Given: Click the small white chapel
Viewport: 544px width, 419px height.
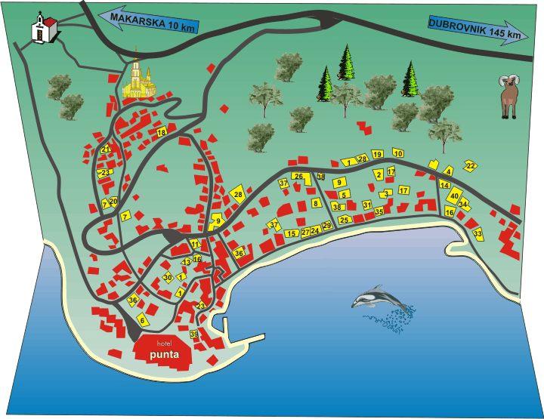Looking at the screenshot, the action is click(42, 29).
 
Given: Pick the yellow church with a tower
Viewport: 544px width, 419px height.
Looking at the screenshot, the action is click(137, 82).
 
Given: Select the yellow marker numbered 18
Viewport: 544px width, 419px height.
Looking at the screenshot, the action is click(161, 132).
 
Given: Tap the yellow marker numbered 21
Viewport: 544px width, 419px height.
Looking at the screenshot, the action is click(106, 149).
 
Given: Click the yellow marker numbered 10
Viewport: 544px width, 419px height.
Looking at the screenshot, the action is click(399, 154).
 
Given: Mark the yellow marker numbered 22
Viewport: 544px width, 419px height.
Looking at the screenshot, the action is click(470, 165).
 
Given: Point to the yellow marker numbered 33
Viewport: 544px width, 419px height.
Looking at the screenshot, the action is click(478, 234).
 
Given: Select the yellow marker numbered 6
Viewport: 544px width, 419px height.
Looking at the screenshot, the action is click(141, 320).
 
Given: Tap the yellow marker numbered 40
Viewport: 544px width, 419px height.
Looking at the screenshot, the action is click(454, 196).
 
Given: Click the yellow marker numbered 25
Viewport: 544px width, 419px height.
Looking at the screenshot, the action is click(345, 220).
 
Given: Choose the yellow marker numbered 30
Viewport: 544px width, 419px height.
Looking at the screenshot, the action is click(168, 277).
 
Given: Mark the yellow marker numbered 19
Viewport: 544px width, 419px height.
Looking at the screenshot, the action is click(377, 154).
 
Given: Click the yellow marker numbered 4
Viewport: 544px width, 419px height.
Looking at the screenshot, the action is click(448, 171).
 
